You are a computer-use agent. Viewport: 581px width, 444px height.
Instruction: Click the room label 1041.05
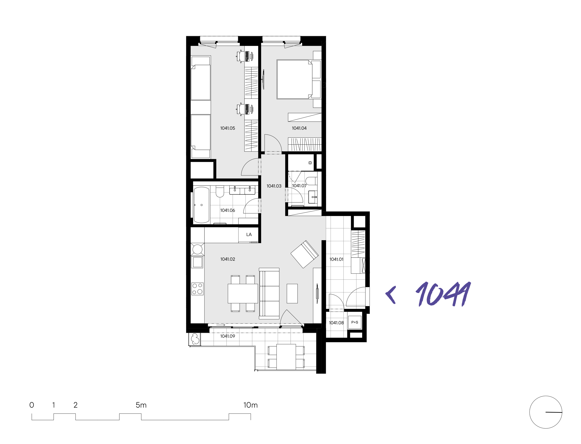point(227,128)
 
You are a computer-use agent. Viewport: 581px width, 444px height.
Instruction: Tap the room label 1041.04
point(299,128)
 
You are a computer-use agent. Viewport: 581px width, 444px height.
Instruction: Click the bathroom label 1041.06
point(227,210)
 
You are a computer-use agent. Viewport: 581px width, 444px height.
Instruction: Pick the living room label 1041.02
point(227,259)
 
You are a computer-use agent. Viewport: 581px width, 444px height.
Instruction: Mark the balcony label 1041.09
point(227,336)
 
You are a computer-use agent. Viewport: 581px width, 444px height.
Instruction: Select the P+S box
point(355,322)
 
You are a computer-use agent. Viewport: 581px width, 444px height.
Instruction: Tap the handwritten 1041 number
point(444,294)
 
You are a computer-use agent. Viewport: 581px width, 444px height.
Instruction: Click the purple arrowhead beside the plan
point(391,295)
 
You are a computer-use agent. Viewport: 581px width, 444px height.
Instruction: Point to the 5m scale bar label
point(141,405)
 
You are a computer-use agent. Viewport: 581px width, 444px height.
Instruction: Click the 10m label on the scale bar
point(250,405)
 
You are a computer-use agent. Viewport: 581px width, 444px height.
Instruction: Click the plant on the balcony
point(195,339)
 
